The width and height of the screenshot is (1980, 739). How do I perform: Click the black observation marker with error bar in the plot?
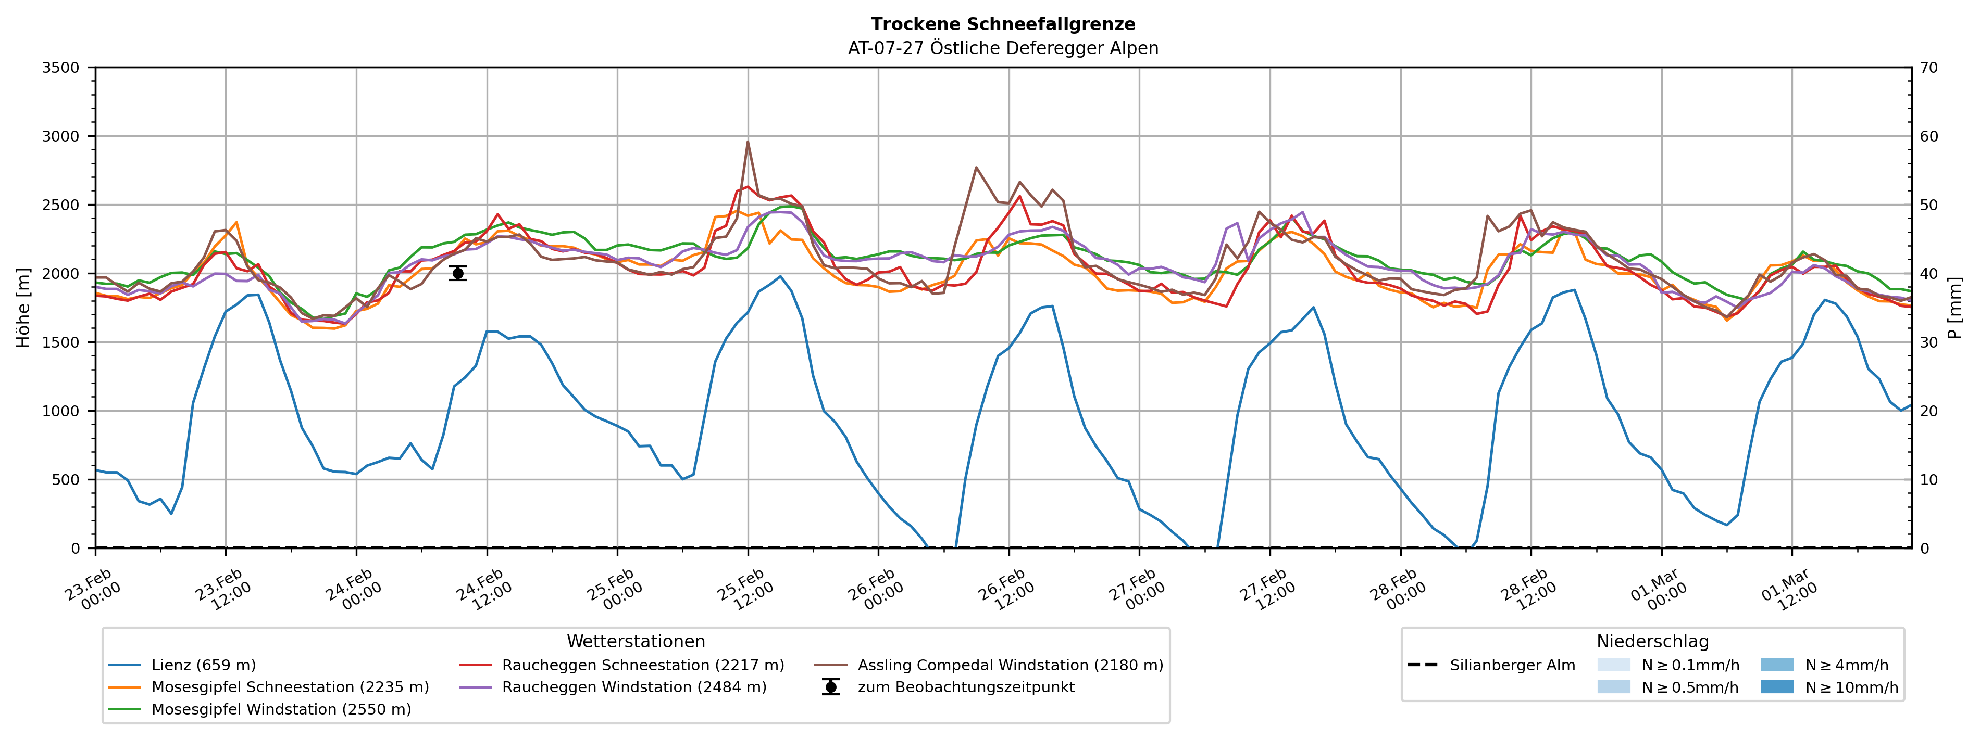[458, 273]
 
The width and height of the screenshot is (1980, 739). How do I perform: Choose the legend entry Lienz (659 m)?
[203, 665]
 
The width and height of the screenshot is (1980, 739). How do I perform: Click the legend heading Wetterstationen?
[636, 642]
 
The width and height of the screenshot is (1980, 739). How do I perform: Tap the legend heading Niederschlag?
[1652, 642]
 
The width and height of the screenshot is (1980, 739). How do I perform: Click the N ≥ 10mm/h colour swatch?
[1777, 687]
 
